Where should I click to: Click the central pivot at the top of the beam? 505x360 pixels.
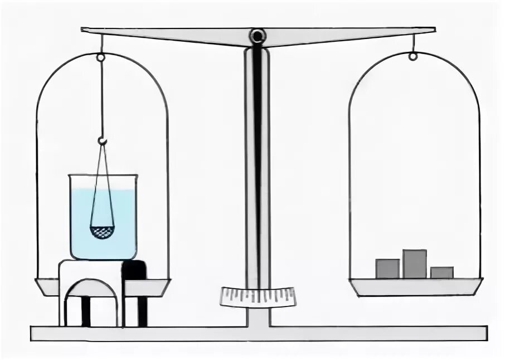click(x=258, y=37)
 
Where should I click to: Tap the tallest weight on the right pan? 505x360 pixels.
click(x=414, y=264)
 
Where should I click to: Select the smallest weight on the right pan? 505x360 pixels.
click(x=441, y=273)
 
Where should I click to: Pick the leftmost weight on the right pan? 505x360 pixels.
click(x=387, y=268)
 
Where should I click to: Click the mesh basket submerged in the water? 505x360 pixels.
click(x=102, y=231)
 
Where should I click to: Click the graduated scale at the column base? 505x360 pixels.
click(x=258, y=296)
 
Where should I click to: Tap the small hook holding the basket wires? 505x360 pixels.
click(x=102, y=141)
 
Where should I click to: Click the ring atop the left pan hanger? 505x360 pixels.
click(x=101, y=57)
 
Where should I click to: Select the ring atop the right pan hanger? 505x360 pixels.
click(x=412, y=56)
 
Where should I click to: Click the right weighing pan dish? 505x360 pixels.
click(x=416, y=286)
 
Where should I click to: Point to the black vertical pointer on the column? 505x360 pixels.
click(x=257, y=167)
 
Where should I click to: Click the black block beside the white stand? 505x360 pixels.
click(x=135, y=270)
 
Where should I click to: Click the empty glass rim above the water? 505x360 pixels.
click(x=103, y=182)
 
